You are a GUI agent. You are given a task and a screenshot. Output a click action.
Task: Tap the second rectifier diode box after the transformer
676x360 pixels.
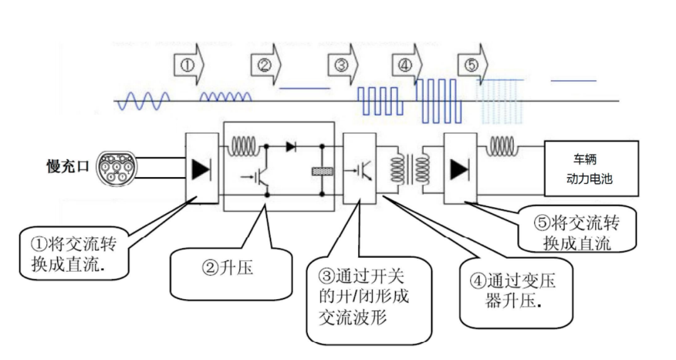click(x=461, y=168)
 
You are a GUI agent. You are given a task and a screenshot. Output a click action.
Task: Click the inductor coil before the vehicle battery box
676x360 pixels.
click(x=501, y=148)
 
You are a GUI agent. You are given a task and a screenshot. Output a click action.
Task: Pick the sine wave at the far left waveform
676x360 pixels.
click(x=143, y=100)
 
